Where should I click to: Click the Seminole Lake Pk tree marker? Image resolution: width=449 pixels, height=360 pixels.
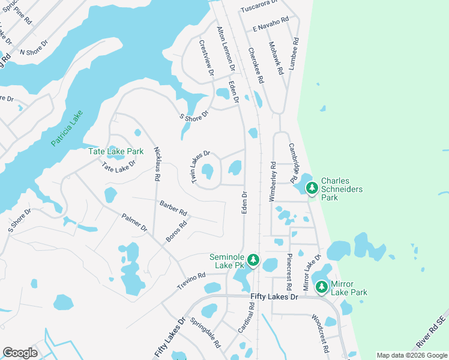pyautogui.click(x=254, y=260)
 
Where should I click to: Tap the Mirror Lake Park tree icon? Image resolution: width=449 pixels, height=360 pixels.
pyautogui.click(x=322, y=287)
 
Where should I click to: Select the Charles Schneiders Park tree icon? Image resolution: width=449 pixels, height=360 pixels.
pyautogui.click(x=312, y=188)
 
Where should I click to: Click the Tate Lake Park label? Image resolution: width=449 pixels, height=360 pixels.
pyautogui.click(x=116, y=151)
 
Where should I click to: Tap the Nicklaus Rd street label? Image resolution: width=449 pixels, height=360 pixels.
pyautogui.click(x=157, y=164)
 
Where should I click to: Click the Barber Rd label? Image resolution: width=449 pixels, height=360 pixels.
pyautogui.click(x=173, y=208)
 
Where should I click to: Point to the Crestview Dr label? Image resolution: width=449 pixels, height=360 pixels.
pyautogui.click(x=206, y=58)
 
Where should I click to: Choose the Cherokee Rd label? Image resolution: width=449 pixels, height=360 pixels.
pyautogui.click(x=256, y=65)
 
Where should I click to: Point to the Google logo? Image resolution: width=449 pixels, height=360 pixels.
pyautogui.click(x=20, y=353)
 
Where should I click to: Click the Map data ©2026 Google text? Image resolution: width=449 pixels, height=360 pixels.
pyautogui.click(x=411, y=355)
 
